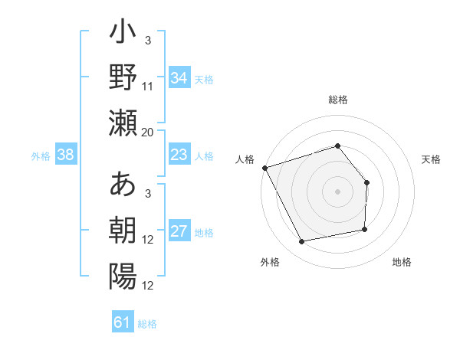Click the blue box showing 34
(179, 77)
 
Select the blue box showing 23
(179, 155)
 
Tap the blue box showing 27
(179, 232)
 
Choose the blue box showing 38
(66, 155)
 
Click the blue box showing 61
(123, 322)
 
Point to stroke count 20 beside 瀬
(148, 132)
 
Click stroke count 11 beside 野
(148, 87)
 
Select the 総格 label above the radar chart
(337, 100)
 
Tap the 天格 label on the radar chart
(432, 159)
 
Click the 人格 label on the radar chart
(245, 159)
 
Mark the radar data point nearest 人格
(264, 168)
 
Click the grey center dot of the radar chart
(337, 191)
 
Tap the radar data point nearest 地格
(365, 229)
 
